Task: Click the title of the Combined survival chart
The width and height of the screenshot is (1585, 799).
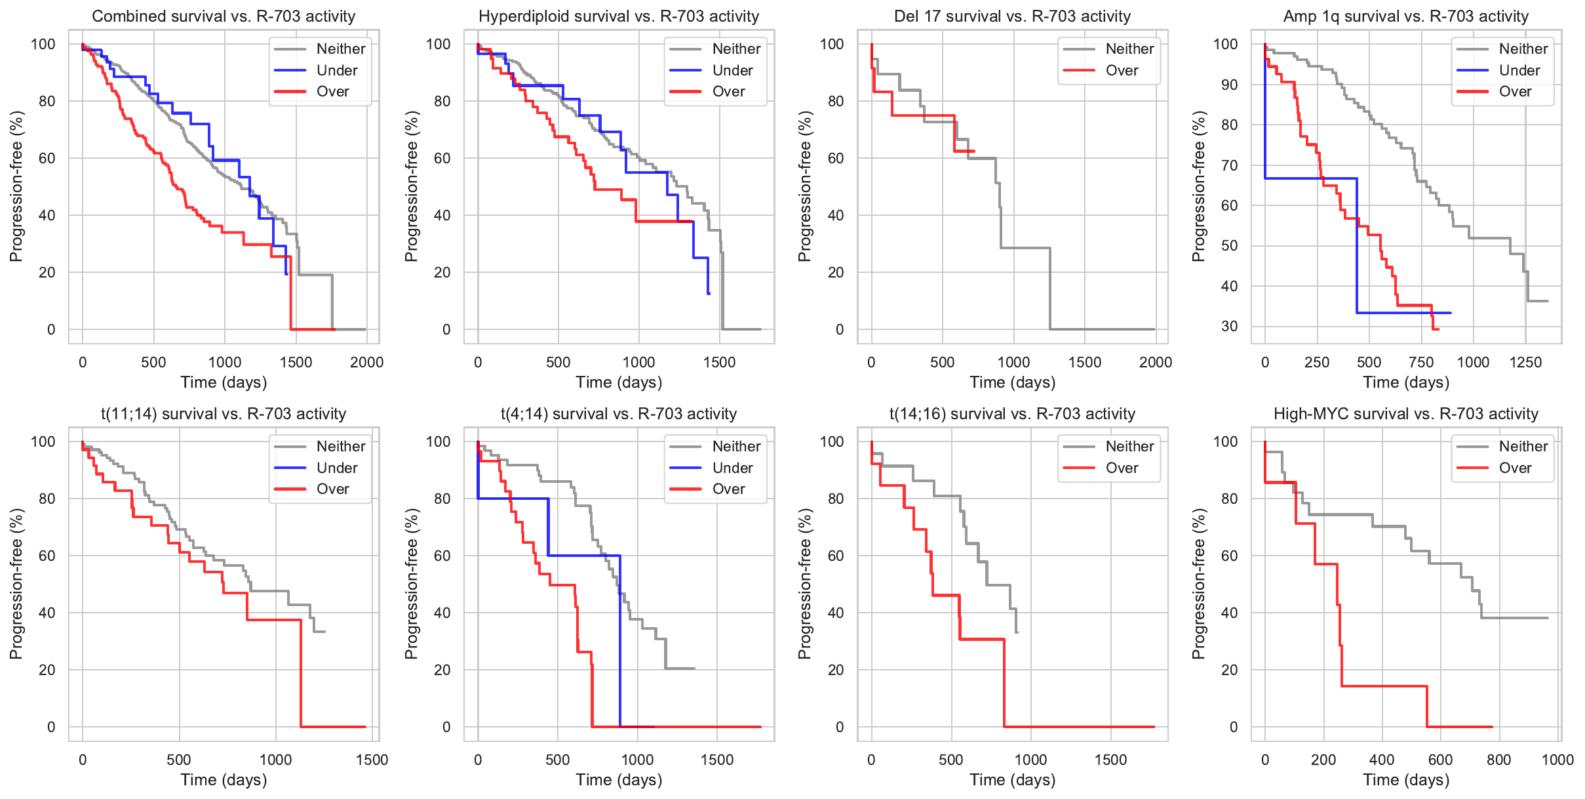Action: point(224,16)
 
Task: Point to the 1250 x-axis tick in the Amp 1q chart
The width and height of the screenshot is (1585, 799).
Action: point(1525,362)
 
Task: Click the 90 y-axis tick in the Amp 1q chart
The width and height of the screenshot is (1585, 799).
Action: point(1225,85)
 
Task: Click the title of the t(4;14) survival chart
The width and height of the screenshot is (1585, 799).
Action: point(619,414)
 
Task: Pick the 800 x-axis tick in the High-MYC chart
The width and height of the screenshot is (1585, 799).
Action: point(1498,760)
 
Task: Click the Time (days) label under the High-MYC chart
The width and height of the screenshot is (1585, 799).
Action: point(1406,780)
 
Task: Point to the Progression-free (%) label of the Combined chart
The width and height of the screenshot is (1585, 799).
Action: point(16,186)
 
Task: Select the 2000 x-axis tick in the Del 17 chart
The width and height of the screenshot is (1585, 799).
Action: point(1156,362)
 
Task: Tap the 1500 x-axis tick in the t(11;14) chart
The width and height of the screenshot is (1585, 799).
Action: point(372,760)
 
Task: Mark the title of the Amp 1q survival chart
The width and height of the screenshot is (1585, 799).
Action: point(1406,16)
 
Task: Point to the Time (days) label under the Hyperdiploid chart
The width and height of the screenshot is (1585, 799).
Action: point(619,382)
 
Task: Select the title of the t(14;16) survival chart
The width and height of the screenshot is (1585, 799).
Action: point(1012,414)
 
